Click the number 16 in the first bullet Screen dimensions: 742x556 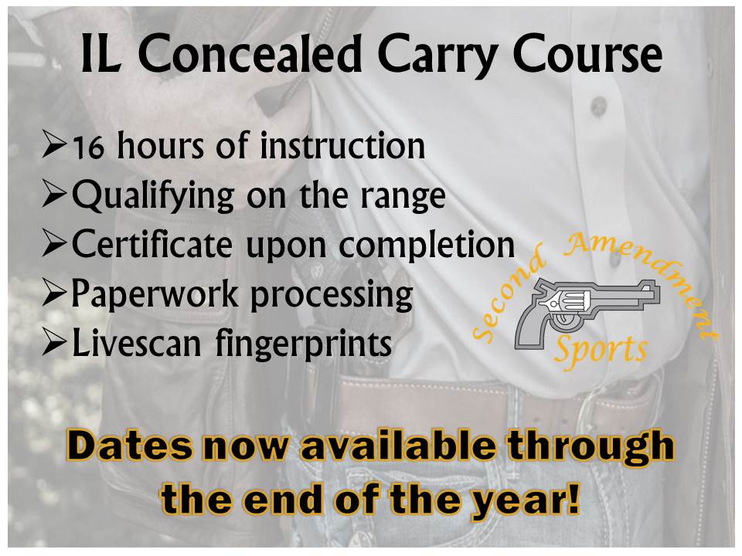(88, 147)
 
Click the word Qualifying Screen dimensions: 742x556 (153, 195)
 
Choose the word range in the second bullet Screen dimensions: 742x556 (403, 197)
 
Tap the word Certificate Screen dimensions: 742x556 (152, 244)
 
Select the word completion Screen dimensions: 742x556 (427, 245)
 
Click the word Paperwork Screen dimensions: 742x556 (155, 293)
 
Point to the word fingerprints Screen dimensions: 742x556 (304, 344)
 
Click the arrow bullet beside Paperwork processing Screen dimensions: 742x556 (54, 294)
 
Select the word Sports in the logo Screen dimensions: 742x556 (601, 351)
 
